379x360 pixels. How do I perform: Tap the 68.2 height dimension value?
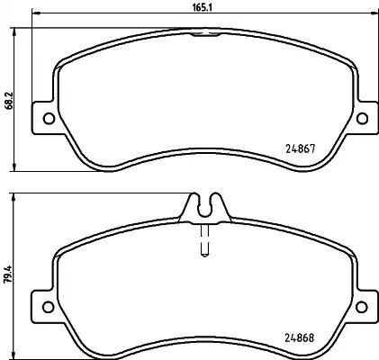coord(9,100)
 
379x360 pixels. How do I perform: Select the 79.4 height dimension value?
coord(8,274)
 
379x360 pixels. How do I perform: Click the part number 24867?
coord(300,148)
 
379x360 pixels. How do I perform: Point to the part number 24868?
coord(299,338)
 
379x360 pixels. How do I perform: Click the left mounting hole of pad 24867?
coord(49,118)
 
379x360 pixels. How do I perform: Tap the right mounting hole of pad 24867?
coord(362,118)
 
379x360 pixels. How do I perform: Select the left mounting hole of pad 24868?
coord(49,307)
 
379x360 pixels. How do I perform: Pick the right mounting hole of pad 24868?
coord(361,307)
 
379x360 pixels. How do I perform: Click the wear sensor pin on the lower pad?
coord(204,240)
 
